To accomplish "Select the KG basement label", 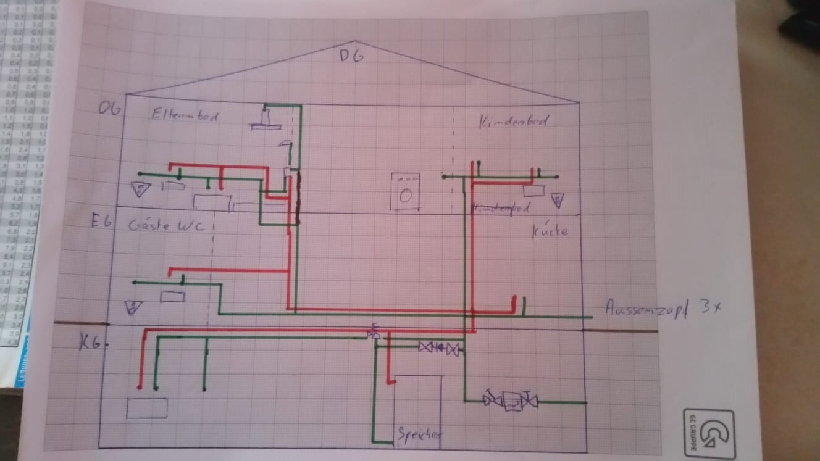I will [90, 343].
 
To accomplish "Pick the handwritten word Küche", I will [549, 231].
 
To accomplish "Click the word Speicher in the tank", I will [419, 435].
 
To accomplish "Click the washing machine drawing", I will [405, 192].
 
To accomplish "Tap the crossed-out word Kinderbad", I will [501, 209].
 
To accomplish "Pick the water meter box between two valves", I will [511, 401].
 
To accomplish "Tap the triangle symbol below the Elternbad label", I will [141, 189].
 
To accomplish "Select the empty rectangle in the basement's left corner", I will [147, 408].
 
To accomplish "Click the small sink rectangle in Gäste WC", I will [172, 297].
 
